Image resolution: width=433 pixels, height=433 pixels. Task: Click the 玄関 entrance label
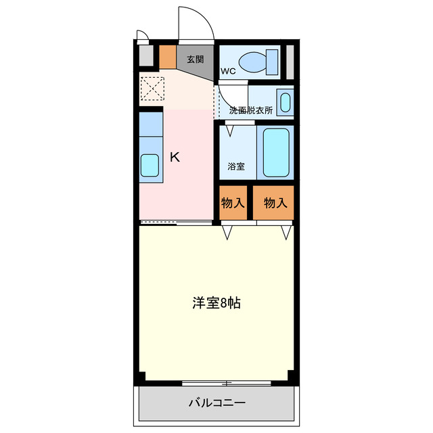[x=195, y=58]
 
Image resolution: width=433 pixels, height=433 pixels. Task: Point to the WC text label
[x=227, y=70]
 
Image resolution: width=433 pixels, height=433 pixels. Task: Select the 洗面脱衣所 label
[x=250, y=110]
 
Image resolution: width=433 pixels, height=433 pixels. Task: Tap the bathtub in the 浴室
[x=276, y=153]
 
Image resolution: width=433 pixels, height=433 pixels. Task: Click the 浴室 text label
[x=237, y=165]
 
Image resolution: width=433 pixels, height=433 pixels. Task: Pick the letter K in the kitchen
[x=175, y=157]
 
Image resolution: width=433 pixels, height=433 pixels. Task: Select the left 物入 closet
[x=233, y=202]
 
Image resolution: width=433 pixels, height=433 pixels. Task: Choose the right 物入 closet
[x=275, y=202]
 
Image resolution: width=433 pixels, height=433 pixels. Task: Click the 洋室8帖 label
[x=216, y=303]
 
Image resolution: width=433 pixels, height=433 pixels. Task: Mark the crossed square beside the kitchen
[x=152, y=88]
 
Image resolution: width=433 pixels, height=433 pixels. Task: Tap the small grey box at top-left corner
[x=145, y=54]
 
